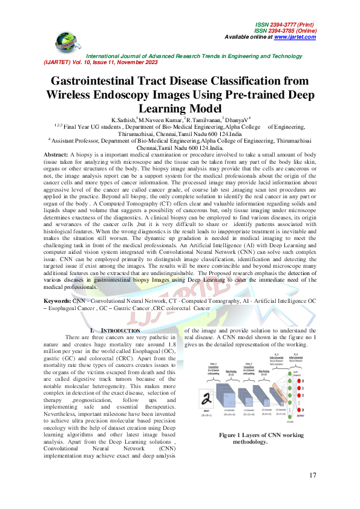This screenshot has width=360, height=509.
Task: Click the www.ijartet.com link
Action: tap(295, 37)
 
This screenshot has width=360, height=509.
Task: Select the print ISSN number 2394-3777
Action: tap(280, 22)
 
